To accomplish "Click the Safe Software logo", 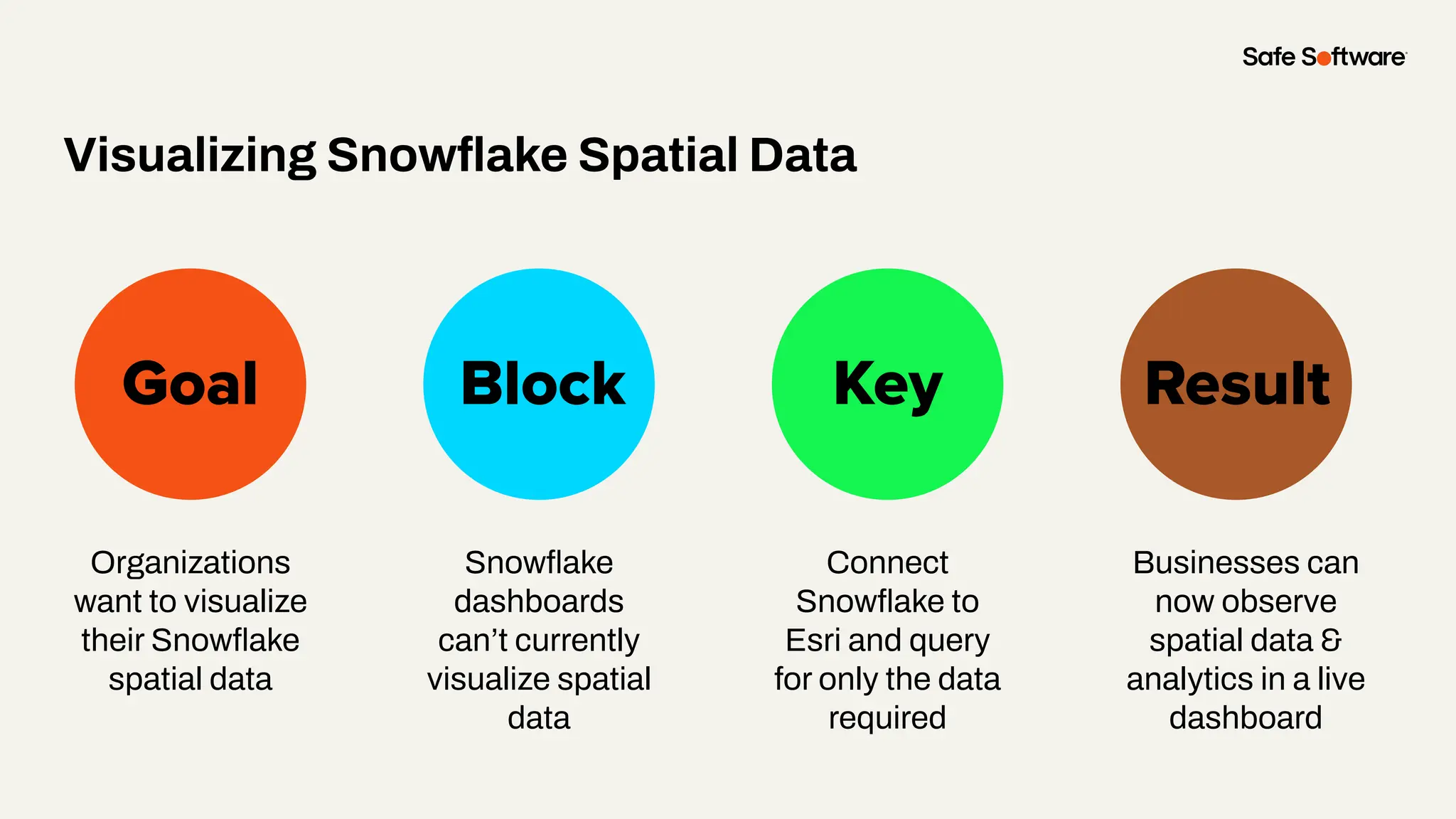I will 1324,57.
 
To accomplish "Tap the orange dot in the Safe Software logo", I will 1324,58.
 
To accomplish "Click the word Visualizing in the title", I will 190,155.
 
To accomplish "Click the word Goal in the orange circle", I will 190,384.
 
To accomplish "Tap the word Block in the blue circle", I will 542,384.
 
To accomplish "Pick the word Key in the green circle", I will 887,385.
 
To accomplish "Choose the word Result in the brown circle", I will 1237,384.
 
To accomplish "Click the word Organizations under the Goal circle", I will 190,563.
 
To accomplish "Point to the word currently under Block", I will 577,641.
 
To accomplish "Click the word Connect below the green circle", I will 887,563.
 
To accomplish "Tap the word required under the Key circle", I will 887,718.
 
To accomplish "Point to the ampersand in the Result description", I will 1331,640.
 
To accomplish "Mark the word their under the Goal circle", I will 112,641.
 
